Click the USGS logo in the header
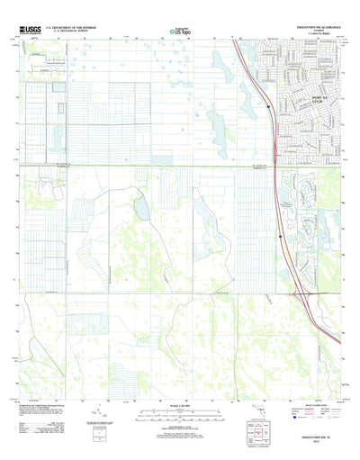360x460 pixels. tap(31, 30)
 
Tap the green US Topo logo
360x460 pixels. tap(179, 32)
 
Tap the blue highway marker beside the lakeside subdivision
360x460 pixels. tap(281, 237)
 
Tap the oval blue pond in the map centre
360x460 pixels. tap(140, 209)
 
